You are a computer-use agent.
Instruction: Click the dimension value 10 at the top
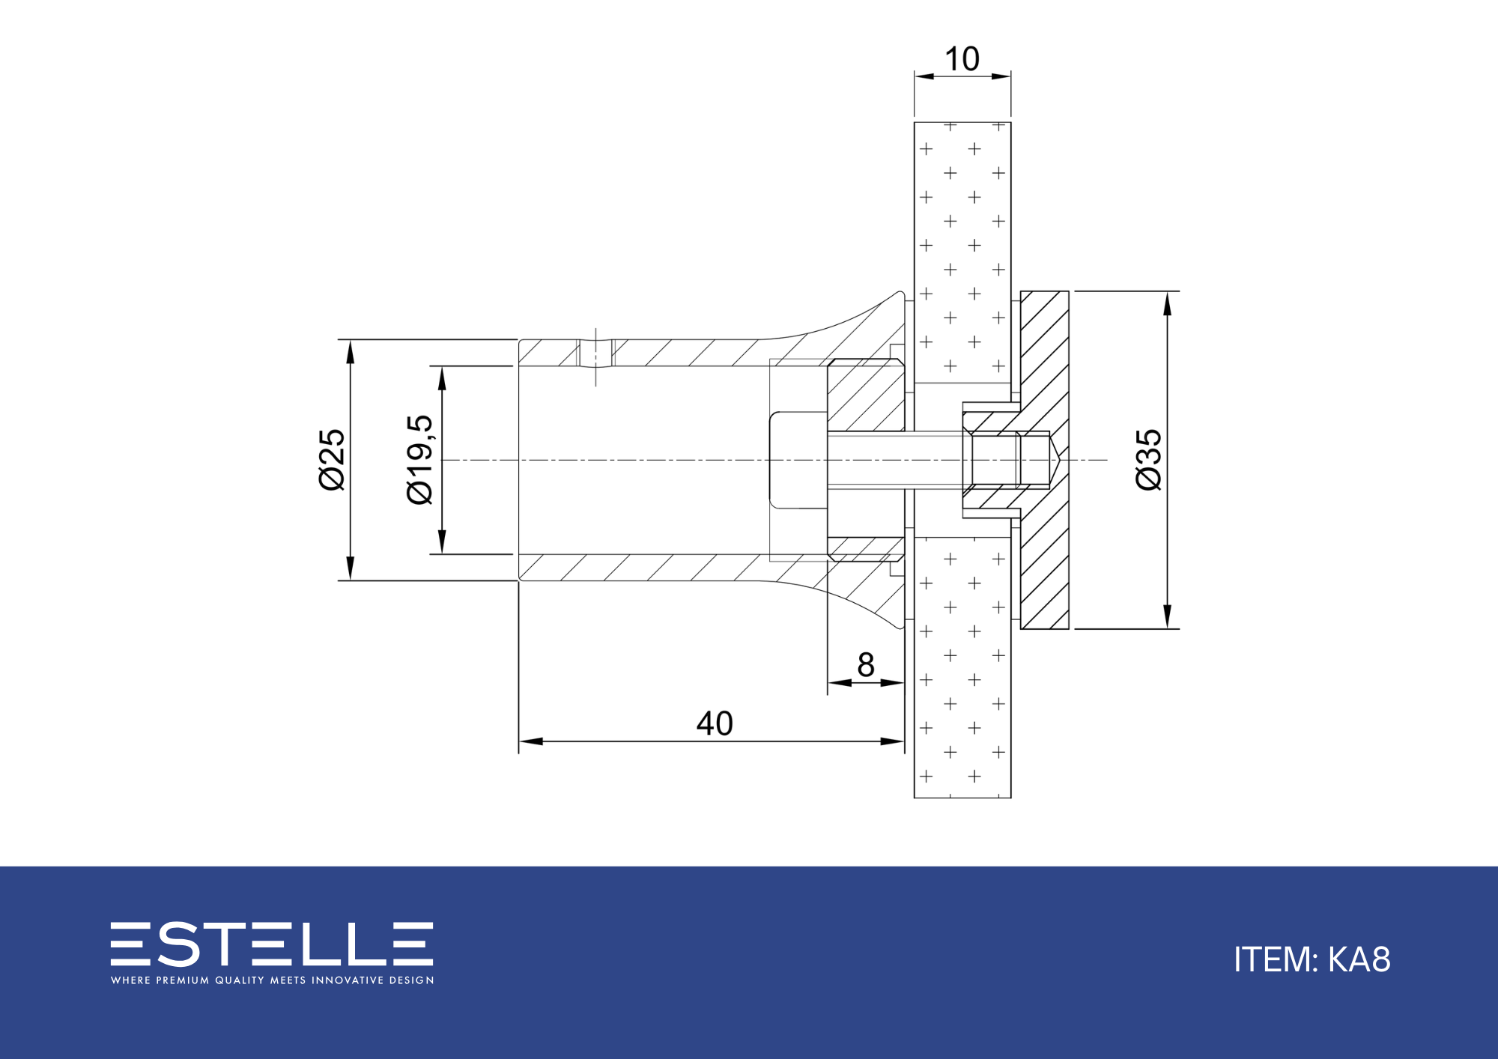coord(962,59)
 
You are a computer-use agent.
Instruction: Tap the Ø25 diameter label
coord(332,460)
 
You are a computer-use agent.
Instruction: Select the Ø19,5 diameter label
coord(419,460)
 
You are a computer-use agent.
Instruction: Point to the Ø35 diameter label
coord(1148,460)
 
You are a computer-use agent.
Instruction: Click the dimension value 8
coord(866,664)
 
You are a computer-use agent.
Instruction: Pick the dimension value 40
coord(715,723)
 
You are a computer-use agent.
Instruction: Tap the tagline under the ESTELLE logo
coord(272,980)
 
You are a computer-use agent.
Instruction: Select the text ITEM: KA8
coord(1312,959)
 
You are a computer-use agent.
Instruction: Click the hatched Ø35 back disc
coord(1045,460)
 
